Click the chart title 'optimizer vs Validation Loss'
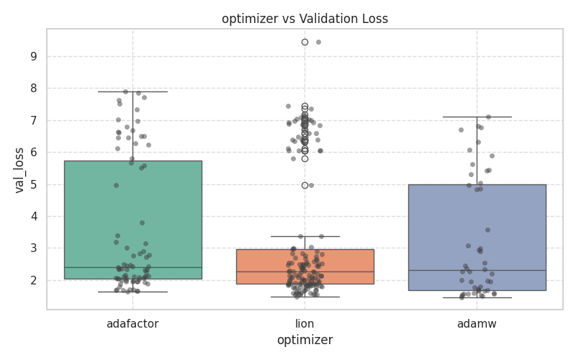click(x=305, y=19)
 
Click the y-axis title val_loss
click(x=19, y=169)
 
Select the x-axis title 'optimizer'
click(x=305, y=341)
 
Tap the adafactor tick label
click(x=132, y=324)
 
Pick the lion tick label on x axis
click(x=305, y=324)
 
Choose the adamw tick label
click(x=477, y=324)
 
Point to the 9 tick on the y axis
click(x=33, y=56)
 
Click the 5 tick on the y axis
click(x=33, y=184)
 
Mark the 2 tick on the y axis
click(x=33, y=280)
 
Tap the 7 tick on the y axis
click(x=33, y=120)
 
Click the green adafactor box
click(x=132, y=216)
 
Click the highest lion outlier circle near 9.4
click(x=305, y=42)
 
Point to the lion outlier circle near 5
click(x=305, y=185)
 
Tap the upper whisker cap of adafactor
click(x=132, y=91)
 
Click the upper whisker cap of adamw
click(x=477, y=117)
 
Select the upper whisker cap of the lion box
click(x=305, y=236)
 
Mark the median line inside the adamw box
click(x=477, y=270)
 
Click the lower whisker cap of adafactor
click(x=132, y=292)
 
